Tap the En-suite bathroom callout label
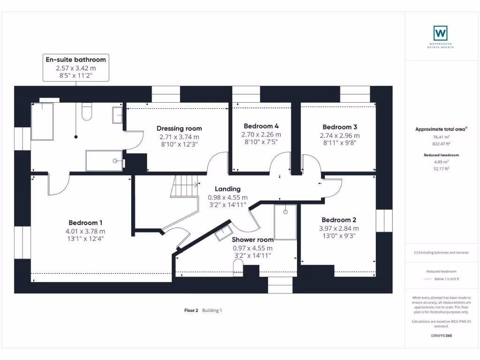point(75,60)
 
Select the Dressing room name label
point(179,128)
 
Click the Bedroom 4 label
point(261,126)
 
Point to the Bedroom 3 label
point(340,127)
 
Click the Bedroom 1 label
point(85,223)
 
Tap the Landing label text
point(228,189)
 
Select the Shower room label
point(253,240)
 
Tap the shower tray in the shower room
point(285,221)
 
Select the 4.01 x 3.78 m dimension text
point(85,231)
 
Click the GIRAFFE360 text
point(441,336)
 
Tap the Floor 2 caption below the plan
point(191,310)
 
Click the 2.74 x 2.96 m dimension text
point(340,135)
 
